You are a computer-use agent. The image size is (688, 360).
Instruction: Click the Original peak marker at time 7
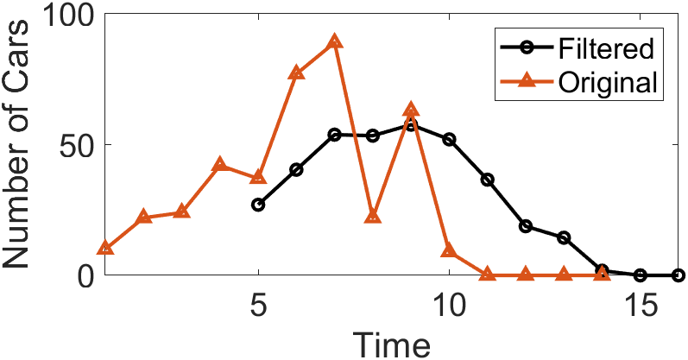[x=334, y=42]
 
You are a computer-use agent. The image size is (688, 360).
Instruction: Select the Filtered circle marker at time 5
[x=258, y=205]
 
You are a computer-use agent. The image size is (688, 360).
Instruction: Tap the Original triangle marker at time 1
[x=105, y=249]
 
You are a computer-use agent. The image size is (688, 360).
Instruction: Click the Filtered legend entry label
[x=605, y=47]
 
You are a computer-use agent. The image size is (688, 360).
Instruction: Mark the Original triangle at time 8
[x=373, y=216]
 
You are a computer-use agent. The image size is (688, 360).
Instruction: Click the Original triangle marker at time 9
[x=411, y=110]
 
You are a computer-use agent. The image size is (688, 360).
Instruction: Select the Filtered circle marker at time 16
[x=678, y=275]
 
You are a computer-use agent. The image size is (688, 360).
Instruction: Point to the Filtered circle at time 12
[x=526, y=226]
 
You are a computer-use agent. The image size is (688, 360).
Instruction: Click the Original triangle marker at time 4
[x=220, y=165]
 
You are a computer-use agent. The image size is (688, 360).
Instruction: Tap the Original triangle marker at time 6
[x=296, y=73]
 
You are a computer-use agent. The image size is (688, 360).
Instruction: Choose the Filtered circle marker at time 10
[x=449, y=139]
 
